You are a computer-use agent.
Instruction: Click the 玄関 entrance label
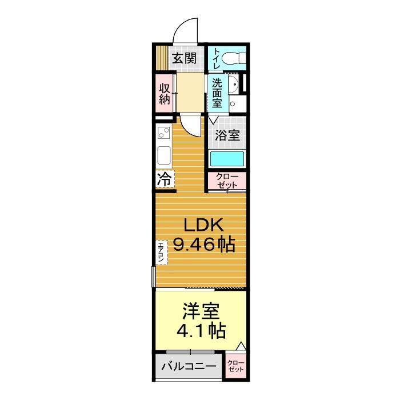[185, 58]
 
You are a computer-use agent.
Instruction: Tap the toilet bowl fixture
[234, 58]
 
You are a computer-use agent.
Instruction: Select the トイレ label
[217, 58]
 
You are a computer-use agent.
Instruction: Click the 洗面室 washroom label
[217, 93]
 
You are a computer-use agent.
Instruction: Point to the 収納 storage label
[165, 93]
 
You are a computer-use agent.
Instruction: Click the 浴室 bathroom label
[227, 136]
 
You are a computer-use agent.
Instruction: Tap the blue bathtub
[227, 159]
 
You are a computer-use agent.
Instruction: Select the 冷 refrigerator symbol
[164, 179]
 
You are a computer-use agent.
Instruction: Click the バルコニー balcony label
[188, 366]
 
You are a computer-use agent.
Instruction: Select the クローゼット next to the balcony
[235, 366]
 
